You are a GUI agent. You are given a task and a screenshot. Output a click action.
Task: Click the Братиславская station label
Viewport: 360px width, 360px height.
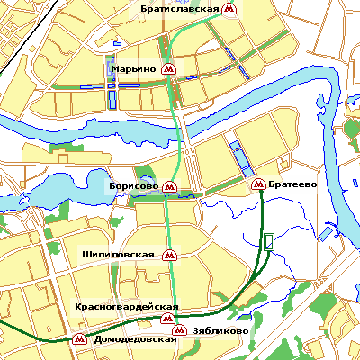click(x=180, y=8)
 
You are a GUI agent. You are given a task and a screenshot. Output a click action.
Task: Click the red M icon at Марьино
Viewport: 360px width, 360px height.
click(x=168, y=68)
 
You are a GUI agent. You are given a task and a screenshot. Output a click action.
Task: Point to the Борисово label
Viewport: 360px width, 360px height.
click(x=133, y=185)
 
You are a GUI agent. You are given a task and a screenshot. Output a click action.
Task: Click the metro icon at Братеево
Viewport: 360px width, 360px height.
click(x=257, y=184)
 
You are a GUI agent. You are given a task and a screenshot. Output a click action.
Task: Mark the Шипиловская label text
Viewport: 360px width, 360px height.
click(x=118, y=255)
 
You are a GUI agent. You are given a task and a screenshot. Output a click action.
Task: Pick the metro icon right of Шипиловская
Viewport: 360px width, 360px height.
click(x=167, y=255)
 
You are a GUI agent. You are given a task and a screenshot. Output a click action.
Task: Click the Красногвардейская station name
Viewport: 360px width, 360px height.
click(x=127, y=307)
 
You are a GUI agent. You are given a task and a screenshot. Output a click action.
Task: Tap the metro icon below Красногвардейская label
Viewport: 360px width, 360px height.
click(x=167, y=319)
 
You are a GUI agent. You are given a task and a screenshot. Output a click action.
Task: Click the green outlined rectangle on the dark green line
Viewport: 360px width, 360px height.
click(x=268, y=240)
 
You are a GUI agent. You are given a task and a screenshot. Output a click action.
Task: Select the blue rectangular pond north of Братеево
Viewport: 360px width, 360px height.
click(x=240, y=157)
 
